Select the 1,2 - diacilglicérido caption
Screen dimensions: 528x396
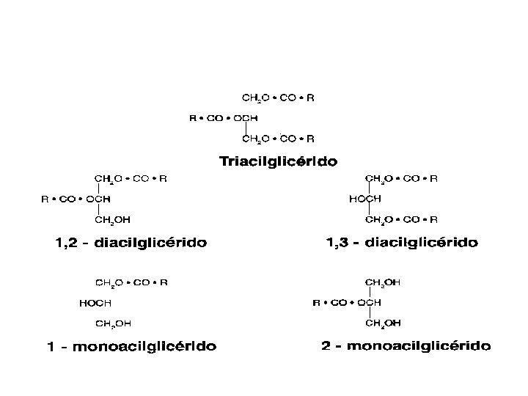pos(131,241)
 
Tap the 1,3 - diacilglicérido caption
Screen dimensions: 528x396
pos(402,241)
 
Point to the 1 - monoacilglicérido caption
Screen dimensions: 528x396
pos(132,346)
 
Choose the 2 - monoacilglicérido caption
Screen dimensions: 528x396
pos(406,345)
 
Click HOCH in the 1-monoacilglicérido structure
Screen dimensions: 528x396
pos(95,302)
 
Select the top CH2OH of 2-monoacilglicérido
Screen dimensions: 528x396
pos(383,281)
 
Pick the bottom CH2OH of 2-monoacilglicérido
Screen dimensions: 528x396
pos(383,322)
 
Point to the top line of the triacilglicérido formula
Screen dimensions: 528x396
pos(278,97)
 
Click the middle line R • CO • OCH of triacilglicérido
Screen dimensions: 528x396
pos(224,117)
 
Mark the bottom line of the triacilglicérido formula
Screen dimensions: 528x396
pos(278,138)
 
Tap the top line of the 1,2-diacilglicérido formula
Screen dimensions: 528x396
pos(131,177)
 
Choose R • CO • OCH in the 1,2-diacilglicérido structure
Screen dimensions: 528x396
pos(76,198)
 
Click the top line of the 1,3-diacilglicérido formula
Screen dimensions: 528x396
pos(401,177)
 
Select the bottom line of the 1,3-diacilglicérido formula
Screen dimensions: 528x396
pos(401,219)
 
